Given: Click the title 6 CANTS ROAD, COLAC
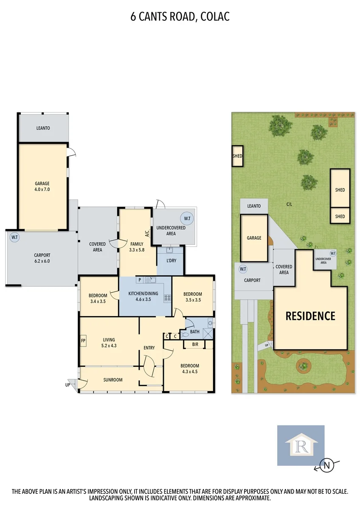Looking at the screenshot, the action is tap(180, 17).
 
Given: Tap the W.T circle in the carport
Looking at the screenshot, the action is tap(14, 238).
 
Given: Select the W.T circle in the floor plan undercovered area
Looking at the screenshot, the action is tap(187, 218).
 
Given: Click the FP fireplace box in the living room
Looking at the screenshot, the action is tap(83, 341).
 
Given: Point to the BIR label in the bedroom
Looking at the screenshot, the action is tap(195, 344).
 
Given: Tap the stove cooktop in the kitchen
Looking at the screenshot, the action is tap(167, 298).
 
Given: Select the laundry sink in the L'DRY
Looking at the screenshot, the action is tap(169, 250).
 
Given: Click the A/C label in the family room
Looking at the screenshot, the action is tap(146, 233).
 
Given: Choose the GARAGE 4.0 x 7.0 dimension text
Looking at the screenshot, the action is tap(42, 186).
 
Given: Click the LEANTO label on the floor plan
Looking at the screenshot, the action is tap(43, 128).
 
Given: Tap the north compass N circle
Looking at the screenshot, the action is tap(326, 465).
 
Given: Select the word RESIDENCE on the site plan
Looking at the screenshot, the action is tap(310, 316).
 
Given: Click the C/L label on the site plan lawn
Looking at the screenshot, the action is tap(289, 204).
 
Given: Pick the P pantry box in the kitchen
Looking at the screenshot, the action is tap(140, 280).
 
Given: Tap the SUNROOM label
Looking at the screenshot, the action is tap(113, 380).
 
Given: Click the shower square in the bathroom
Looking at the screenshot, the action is tap(208, 333).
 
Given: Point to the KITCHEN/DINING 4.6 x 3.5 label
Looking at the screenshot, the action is tap(143, 296).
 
